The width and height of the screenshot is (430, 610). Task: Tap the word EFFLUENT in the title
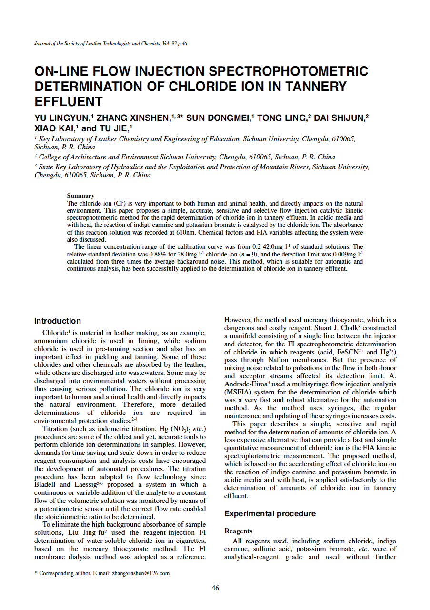tap(69, 101)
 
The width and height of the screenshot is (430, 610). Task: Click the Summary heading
tap(80, 196)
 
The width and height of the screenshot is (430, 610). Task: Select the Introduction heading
tap(58, 321)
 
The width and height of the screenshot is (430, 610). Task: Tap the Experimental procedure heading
tap(270, 513)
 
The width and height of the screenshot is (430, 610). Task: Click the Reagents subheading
tap(238, 531)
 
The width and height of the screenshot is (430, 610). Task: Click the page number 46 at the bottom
tap(215, 588)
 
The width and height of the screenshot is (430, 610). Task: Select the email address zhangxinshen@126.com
tap(140, 573)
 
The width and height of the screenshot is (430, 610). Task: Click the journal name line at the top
tap(110, 43)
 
